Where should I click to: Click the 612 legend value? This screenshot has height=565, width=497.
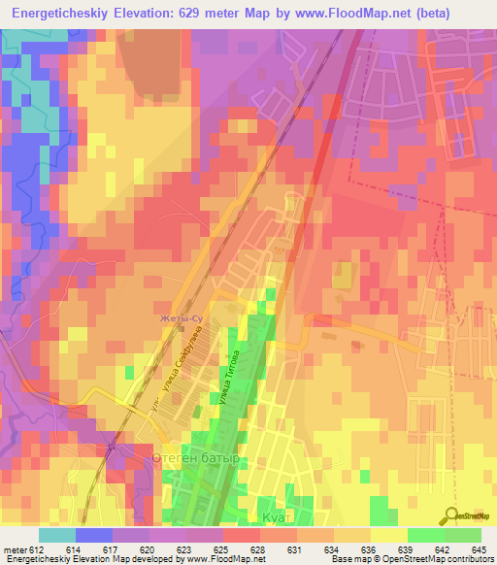click(x=37, y=549)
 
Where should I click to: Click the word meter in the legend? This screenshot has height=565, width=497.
click(x=15, y=549)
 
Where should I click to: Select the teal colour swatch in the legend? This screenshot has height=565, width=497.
click(x=56, y=535)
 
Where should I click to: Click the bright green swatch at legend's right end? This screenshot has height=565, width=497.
click(x=463, y=535)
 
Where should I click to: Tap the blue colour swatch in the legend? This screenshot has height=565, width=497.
click(x=93, y=535)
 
